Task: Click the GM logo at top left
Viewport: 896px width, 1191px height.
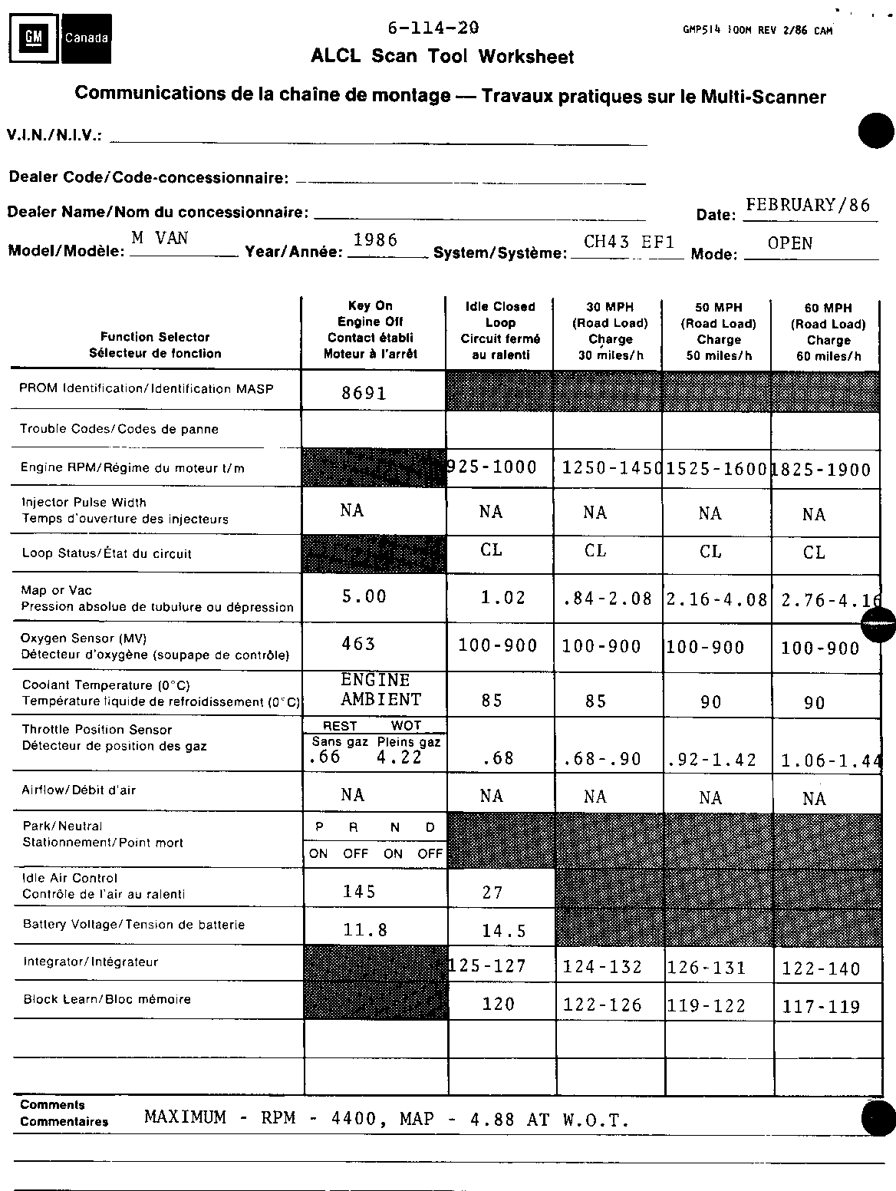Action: coord(34,37)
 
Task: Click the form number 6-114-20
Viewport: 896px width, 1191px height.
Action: coord(433,28)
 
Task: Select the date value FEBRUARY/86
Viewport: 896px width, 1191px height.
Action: coord(808,205)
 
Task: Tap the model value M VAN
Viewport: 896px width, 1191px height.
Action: coord(160,238)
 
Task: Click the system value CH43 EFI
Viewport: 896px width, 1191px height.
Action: coord(629,242)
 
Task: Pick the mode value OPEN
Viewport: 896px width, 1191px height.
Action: coord(789,243)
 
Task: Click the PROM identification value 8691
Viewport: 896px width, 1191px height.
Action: coord(364,394)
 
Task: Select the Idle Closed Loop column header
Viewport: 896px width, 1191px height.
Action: coord(499,330)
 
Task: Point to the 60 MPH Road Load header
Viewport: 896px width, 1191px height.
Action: coord(828,332)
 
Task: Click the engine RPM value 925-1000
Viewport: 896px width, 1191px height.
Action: coord(492,467)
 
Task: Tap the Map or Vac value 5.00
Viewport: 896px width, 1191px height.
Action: coord(364,596)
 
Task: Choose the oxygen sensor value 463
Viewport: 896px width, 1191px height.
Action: coord(358,643)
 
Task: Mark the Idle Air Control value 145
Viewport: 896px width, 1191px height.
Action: coord(359,891)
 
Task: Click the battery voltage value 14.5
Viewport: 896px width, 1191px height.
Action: coord(503,932)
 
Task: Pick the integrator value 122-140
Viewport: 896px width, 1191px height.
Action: coord(821,968)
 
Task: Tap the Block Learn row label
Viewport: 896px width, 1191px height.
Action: coord(107,999)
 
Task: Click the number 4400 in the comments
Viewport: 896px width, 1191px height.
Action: coord(354,1119)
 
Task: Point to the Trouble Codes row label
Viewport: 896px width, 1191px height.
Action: coord(119,429)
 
